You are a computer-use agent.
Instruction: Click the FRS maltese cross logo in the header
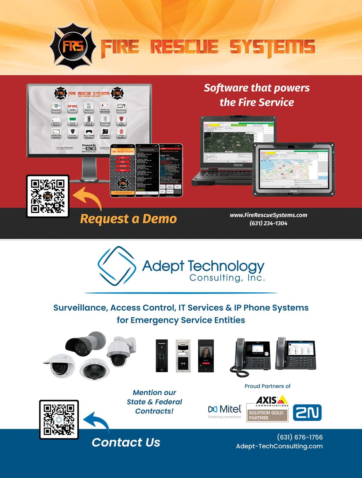click(73, 46)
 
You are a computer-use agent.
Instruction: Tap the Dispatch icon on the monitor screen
click(56, 107)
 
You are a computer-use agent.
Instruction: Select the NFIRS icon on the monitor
click(73, 107)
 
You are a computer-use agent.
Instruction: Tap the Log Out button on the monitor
click(105, 147)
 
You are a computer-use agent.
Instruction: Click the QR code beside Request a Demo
click(48, 196)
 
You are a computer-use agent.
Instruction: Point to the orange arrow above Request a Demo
click(88, 197)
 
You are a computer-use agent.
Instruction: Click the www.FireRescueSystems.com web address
click(268, 215)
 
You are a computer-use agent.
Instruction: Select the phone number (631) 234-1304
click(268, 223)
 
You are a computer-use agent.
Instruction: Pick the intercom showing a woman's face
click(206, 356)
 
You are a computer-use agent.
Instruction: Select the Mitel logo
click(225, 410)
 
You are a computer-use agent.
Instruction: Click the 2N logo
click(307, 413)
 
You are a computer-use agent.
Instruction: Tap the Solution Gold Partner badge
click(267, 415)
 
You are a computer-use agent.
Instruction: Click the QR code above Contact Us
click(59, 420)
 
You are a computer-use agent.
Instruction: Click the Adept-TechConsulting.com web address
click(279, 446)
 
